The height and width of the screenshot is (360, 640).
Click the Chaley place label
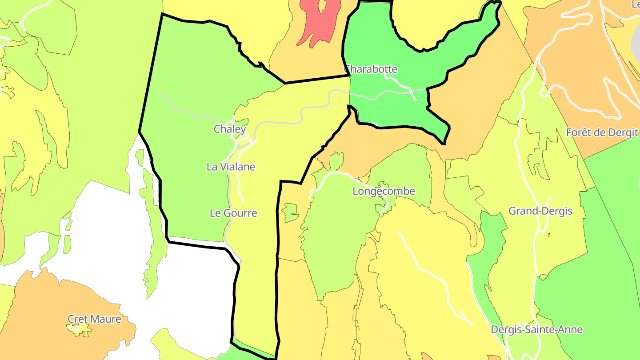point(229,129)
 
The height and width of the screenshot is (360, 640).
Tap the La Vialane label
point(231,167)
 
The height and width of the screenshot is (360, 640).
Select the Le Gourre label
point(233,213)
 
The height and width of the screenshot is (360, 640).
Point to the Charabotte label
point(371,69)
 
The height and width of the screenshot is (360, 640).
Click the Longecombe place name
point(384,192)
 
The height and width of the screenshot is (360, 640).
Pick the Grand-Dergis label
point(540,211)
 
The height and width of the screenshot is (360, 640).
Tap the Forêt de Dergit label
point(602,133)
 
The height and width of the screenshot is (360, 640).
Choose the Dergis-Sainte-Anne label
point(536,330)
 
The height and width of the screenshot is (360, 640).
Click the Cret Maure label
point(94,319)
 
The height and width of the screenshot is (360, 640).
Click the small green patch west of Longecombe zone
point(290,212)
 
